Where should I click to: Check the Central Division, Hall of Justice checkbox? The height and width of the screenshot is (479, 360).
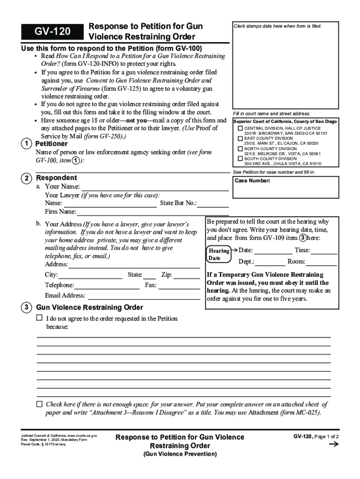pyautogui.click(x=240, y=128)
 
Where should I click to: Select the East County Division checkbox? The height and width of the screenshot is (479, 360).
pyautogui.click(x=240, y=138)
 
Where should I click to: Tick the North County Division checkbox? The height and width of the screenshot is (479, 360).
pyautogui.click(x=240, y=149)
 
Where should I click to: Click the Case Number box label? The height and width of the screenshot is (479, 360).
pyautogui.click(x=252, y=181)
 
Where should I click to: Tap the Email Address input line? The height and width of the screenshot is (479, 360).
pyautogui.click(x=144, y=297)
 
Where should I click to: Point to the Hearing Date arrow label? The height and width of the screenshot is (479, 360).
pyautogui.click(x=219, y=254)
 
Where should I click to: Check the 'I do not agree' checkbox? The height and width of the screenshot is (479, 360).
pyautogui.click(x=39, y=318)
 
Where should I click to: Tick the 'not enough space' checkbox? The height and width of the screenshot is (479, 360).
pyautogui.click(x=39, y=404)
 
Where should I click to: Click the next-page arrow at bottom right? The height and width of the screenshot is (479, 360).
pyautogui.click(x=334, y=445)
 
